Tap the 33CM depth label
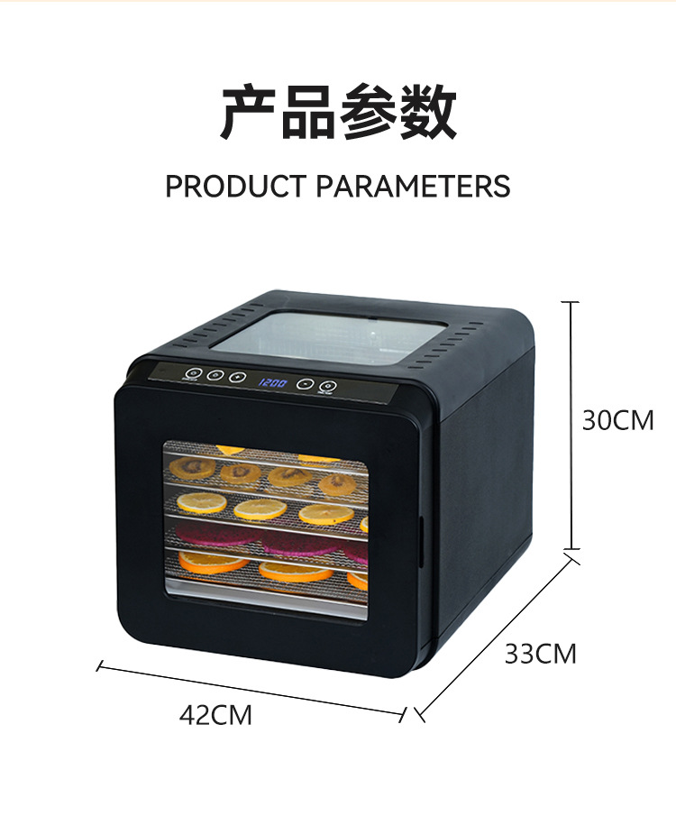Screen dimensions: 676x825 (x=540, y=653)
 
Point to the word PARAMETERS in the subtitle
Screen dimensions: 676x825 (x=413, y=186)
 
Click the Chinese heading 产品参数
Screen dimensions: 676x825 (x=338, y=114)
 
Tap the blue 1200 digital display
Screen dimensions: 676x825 (x=273, y=382)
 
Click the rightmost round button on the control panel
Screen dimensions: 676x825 (x=325, y=385)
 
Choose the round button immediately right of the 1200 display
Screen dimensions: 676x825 (x=306, y=383)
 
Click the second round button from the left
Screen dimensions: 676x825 (x=215, y=376)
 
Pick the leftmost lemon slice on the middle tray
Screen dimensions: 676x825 (x=201, y=502)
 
